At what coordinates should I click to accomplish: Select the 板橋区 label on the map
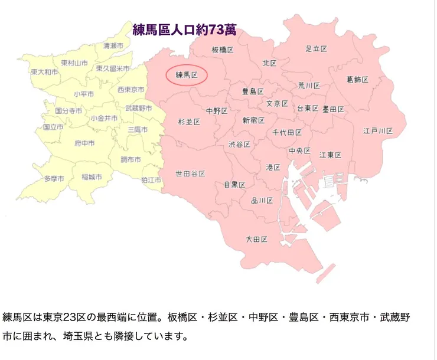[x=223, y=50]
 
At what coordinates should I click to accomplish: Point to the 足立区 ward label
[x=316, y=48]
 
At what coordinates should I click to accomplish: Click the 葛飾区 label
[x=357, y=79]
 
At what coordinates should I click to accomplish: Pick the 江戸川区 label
[x=378, y=130]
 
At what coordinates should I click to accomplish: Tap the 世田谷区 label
[x=190, y=174]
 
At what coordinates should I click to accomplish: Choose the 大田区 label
[x=257, y=239]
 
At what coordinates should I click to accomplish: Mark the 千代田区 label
[x=287, y=132]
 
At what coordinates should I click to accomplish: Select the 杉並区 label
[x=189, y=122]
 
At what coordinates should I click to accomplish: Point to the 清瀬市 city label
[x=113, y=45]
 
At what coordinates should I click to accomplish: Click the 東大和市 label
[x=45, y=71]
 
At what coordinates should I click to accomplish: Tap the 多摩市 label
[x=54, y=178]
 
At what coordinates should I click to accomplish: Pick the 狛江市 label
[x=152, y=179]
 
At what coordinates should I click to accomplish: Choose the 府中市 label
[x=85, y=143]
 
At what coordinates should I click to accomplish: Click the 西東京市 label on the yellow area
[x=131, y=90]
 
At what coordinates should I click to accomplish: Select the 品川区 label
[x=262, y=200]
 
